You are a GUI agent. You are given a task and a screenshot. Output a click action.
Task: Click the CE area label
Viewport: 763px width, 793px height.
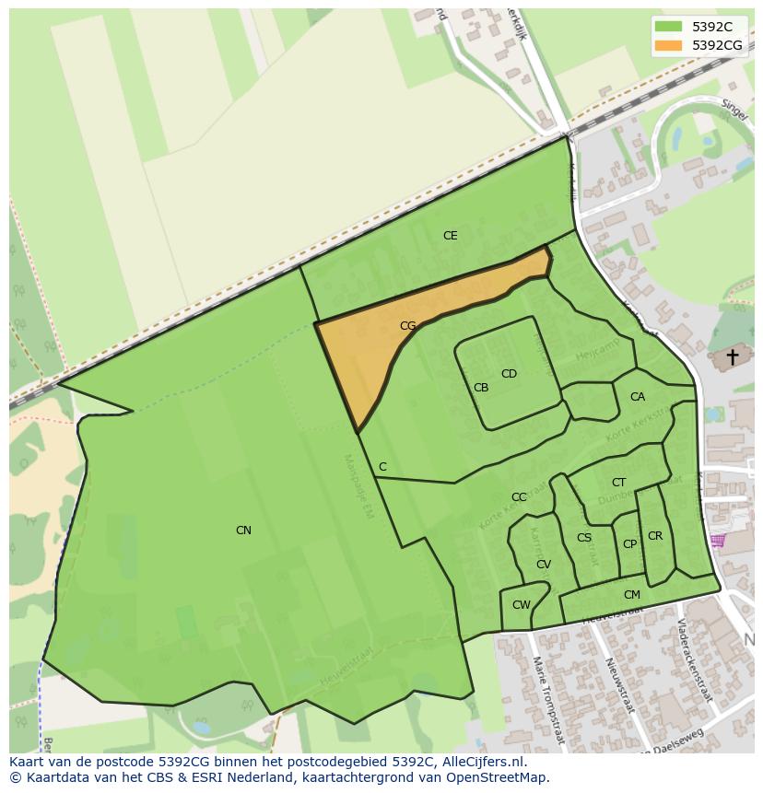point(450,236)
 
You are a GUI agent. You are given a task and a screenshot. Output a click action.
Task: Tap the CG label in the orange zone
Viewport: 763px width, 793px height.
point(408,326)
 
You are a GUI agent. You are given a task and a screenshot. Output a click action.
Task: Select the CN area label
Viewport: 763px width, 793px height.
point(243,531)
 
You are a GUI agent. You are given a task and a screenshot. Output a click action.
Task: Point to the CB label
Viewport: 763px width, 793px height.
point(481,388)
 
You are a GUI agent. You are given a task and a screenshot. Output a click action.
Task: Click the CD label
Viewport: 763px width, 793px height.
point(509,374)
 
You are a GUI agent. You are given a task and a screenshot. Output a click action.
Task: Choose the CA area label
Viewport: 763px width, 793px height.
point(638,397)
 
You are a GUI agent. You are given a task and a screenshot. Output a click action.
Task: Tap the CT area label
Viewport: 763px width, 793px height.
point(618,483)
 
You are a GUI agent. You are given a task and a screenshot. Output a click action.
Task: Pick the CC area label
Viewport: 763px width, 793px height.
point(519,497)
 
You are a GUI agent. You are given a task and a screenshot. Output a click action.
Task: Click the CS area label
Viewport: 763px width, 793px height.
point(584,538)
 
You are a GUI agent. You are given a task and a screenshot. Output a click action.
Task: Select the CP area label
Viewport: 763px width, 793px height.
point(629,544)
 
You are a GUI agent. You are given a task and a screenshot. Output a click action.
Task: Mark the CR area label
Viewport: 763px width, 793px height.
point(655,536)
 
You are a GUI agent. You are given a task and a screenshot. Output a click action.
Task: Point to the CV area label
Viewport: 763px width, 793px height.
point(544,565)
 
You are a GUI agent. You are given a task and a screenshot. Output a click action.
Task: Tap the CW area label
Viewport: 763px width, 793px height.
point(522,605)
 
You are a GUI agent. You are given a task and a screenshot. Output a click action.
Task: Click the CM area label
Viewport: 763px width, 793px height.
point(631,595)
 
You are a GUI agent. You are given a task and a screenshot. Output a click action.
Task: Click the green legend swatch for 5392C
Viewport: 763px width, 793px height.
point(668,28)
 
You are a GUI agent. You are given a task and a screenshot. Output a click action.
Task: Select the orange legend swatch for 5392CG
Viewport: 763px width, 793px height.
point(668,45)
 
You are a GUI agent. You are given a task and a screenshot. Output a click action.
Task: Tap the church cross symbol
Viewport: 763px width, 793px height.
point(733,356)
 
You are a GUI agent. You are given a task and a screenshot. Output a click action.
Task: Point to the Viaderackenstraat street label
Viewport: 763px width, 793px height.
point(695,659)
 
